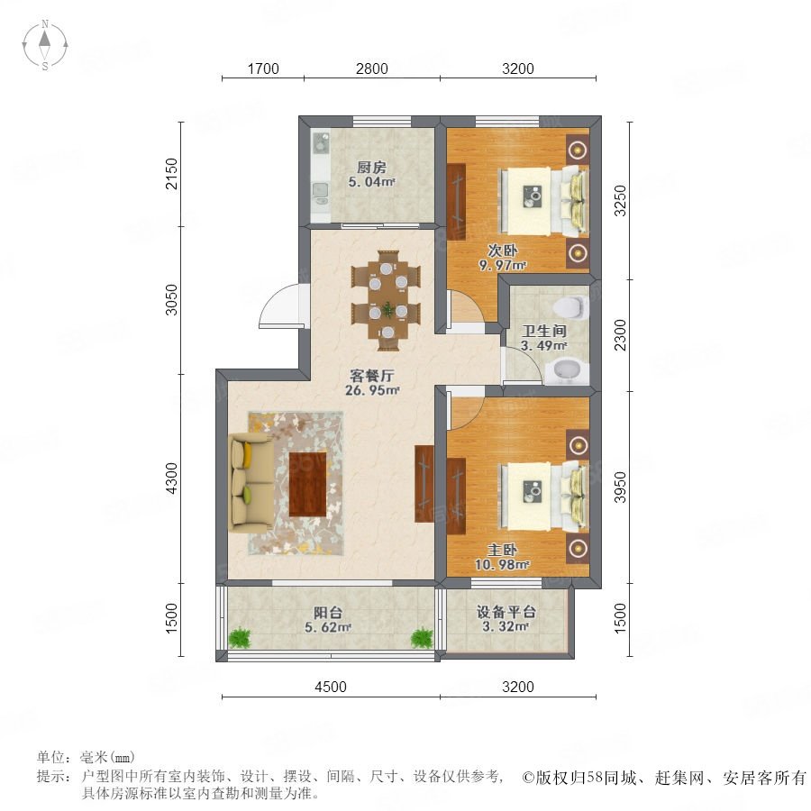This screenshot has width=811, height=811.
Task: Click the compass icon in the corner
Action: [45, 44]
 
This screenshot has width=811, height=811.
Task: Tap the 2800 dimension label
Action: [372, 68]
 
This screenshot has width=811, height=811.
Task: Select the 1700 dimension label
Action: [263, 68]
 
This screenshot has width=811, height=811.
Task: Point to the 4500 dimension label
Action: [331, 687]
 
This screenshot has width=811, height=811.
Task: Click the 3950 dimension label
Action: [620, 488]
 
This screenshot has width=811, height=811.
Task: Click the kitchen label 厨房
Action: [371, 168]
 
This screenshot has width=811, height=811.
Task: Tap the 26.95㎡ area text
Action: [372, 390]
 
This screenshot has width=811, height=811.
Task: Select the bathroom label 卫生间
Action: [544, 331]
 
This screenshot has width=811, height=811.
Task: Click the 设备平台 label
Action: [506, 612]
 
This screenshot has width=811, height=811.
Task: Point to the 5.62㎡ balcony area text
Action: [328, 627]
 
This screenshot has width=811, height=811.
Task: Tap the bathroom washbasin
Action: [567, 371]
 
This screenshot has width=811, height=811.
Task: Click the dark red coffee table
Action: [308, 484]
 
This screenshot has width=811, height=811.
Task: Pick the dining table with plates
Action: [387, 300]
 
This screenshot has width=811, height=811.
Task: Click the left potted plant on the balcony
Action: [240, 637]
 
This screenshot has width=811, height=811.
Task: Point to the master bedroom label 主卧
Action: [501, 551]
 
